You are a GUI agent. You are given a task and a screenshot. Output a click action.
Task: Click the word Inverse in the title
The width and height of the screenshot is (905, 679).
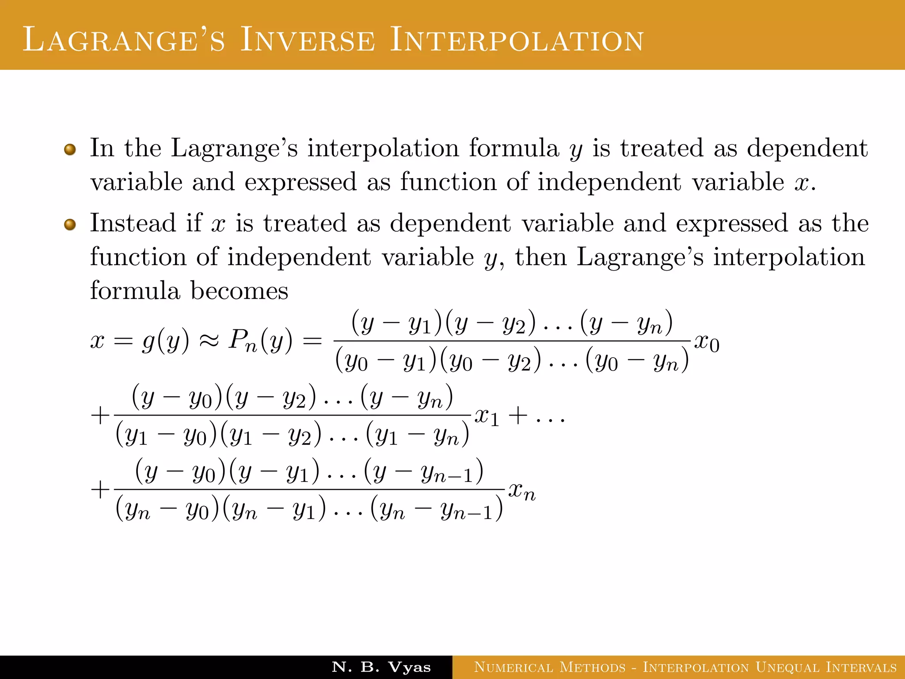(308, 40)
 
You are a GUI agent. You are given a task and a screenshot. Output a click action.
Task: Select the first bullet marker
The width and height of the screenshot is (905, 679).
(70, 150)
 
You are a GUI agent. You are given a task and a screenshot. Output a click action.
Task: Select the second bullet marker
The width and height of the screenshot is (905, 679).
(70, 225)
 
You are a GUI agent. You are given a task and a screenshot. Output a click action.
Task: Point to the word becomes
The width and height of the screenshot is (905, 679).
(239, 291)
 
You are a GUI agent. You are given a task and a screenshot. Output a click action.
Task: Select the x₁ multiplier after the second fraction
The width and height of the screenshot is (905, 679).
(487, 417)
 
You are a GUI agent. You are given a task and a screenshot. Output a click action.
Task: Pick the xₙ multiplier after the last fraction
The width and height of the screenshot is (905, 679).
(522, 491)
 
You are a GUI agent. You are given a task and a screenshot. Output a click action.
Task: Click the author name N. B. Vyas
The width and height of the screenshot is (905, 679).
(381, 667)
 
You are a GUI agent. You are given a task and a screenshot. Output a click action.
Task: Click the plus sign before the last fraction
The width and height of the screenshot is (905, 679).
(100, 490)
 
